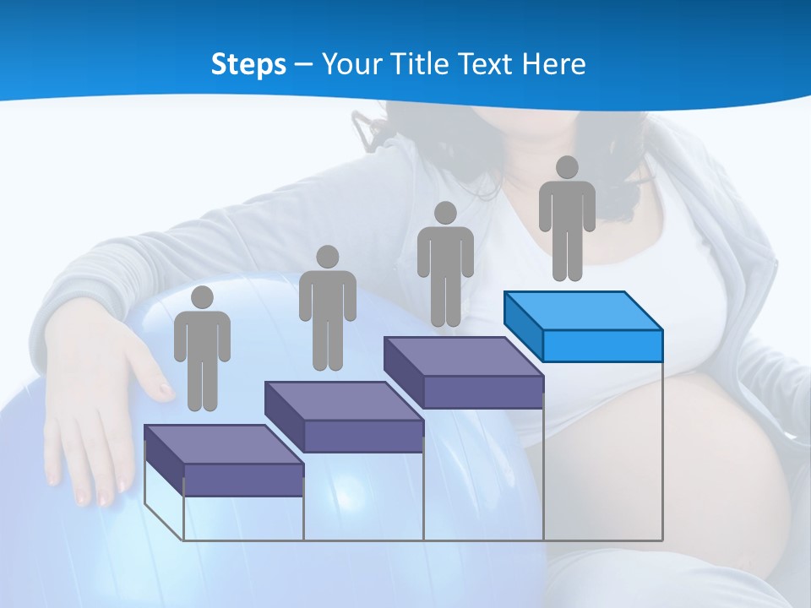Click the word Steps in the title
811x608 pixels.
[x=248, y=64]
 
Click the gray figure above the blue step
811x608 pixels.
[x=567, y=220]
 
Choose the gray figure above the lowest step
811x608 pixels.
[x=202, y=350]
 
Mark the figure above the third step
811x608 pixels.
[x=445, y=266]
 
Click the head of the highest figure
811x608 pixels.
[x=567, y=167]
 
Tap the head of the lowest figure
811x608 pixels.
[x=202, y=297]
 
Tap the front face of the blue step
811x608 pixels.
[x=602, y=345]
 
